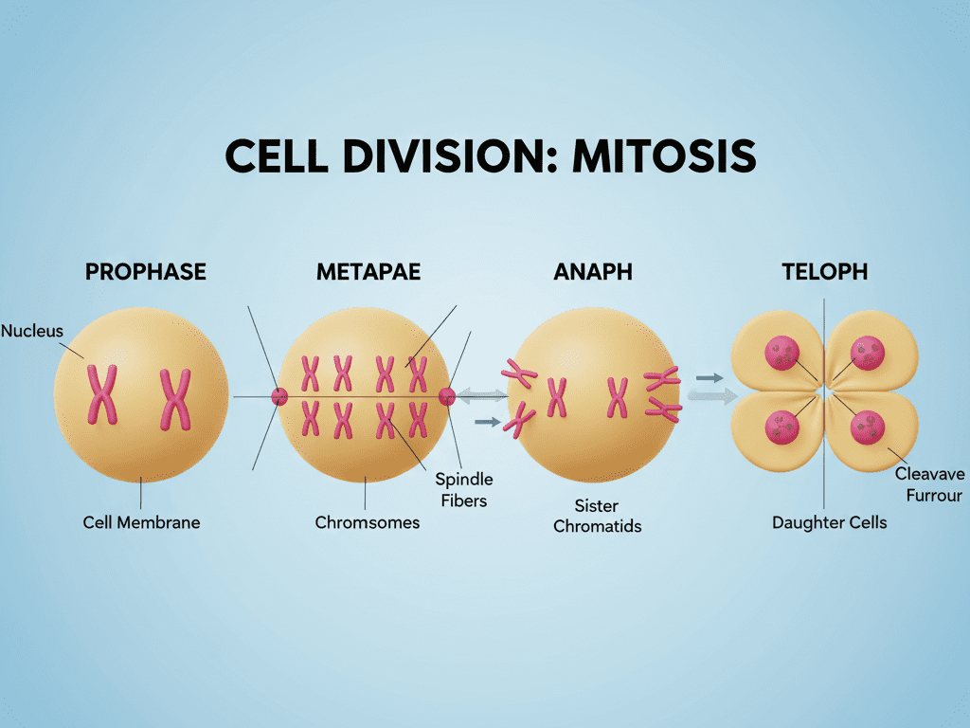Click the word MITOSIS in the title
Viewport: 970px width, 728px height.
(664, 156)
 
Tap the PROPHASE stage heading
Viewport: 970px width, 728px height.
(145, 272)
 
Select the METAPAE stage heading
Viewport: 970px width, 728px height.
(368, 272)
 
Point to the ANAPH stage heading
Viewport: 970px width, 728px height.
(592, 272)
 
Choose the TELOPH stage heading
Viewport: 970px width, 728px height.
(824, 272)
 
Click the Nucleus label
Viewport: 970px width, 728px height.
(31, 331)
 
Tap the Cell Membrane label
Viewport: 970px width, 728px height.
(141, 522)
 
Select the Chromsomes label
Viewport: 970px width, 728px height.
(367, 522)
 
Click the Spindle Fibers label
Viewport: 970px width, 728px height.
(464, 489)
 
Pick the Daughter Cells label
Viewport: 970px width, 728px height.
(829, 522)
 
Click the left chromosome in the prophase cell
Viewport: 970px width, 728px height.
(102, 393)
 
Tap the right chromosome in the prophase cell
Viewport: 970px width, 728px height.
(175, 398)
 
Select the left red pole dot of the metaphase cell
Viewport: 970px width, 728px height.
(279, 396)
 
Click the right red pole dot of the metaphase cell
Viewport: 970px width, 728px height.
(447, 396)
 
